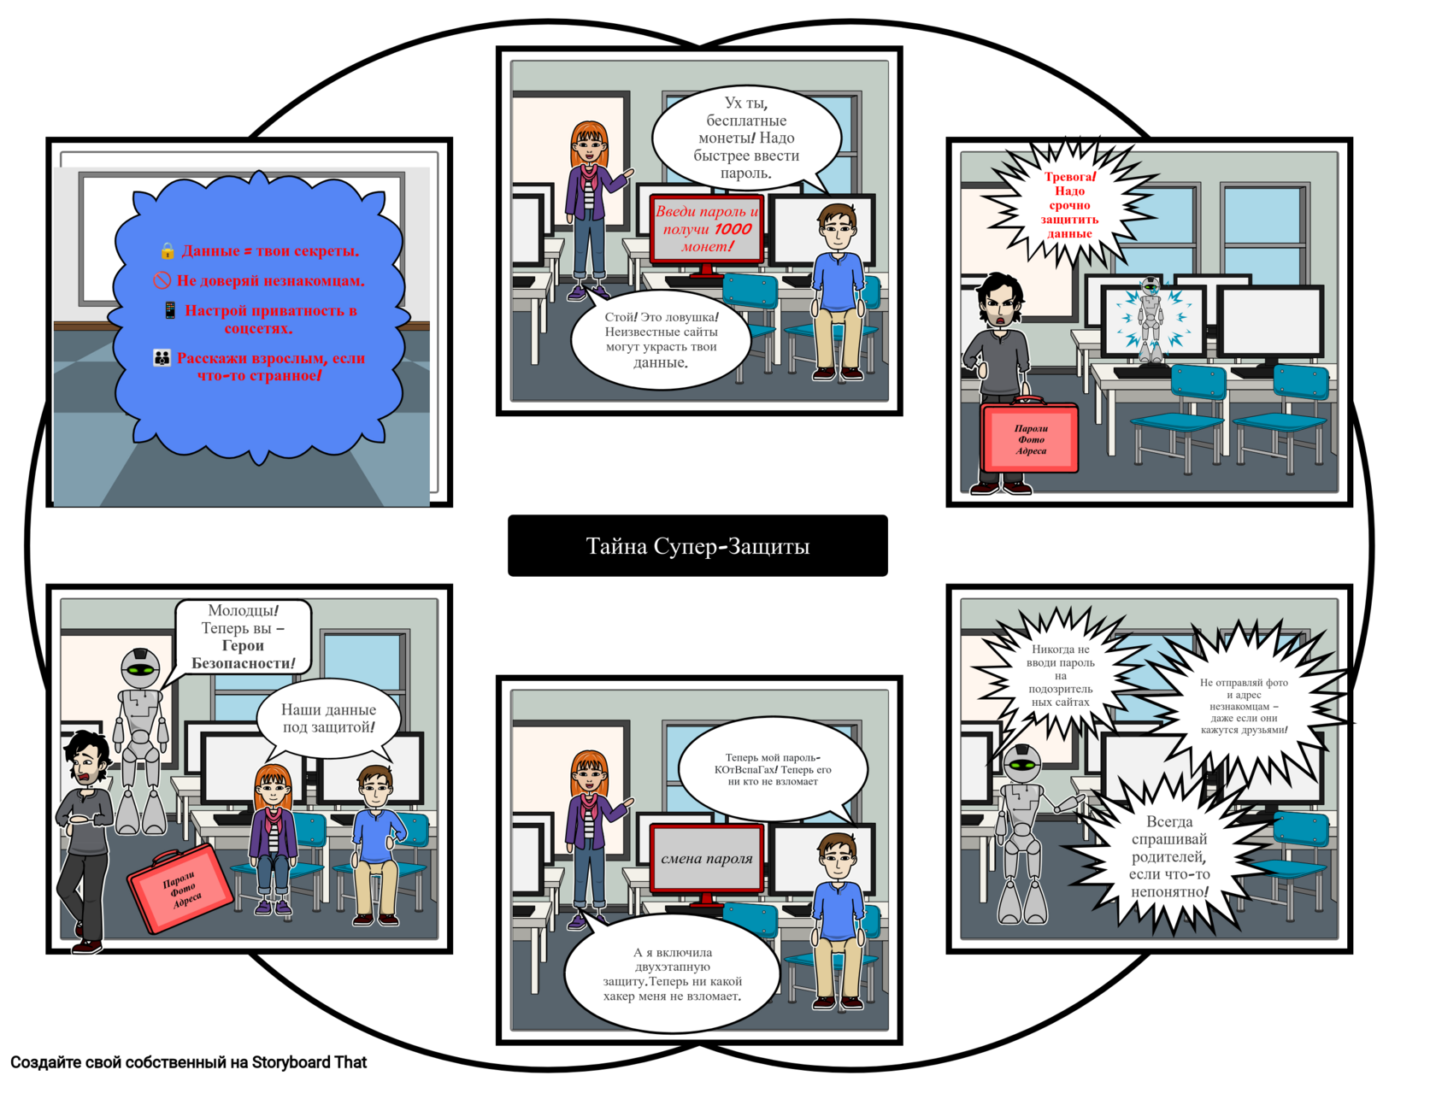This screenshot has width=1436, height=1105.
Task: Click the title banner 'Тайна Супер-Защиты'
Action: [697, 545]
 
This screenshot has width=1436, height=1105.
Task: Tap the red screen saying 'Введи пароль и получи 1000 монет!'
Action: [706, 229]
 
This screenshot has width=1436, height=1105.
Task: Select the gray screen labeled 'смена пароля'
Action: [706, 858]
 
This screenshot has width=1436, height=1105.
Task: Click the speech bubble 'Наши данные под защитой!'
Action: [328, 718]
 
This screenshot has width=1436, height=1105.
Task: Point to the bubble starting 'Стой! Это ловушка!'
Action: [661, 340]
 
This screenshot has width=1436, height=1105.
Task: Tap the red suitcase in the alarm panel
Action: [1030, 438]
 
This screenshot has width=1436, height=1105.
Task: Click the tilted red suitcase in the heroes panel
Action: [180, 889]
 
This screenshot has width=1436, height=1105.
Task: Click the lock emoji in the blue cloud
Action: [168, 250]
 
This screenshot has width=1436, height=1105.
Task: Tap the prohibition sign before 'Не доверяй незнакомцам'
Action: [162, 280]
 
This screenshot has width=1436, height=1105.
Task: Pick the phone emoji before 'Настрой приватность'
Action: [170, 310]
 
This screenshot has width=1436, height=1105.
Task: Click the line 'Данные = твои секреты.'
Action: [270, 250]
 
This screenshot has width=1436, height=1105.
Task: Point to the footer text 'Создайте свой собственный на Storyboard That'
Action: [188, 1062]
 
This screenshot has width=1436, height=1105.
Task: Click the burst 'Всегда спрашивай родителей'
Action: [1168, 856]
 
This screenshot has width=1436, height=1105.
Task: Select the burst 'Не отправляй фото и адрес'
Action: [1244, 706]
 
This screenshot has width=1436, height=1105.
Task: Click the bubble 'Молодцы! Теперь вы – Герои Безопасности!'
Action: [243, 637]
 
